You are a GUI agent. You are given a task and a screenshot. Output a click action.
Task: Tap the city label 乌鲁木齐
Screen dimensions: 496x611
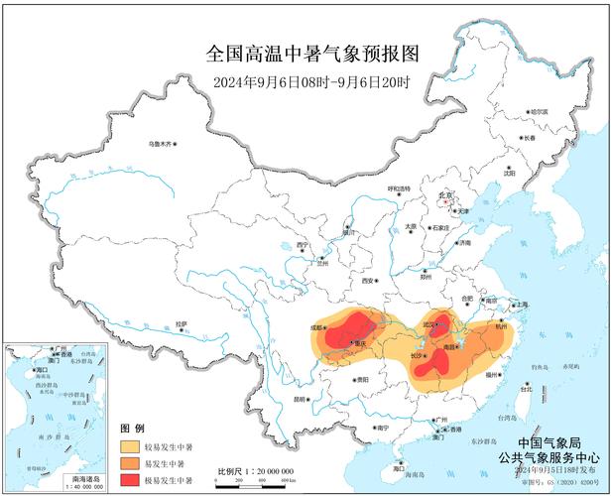[x=160, y=145]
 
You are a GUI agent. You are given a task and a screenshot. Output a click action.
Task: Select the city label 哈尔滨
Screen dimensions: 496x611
[x=537, y=112]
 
